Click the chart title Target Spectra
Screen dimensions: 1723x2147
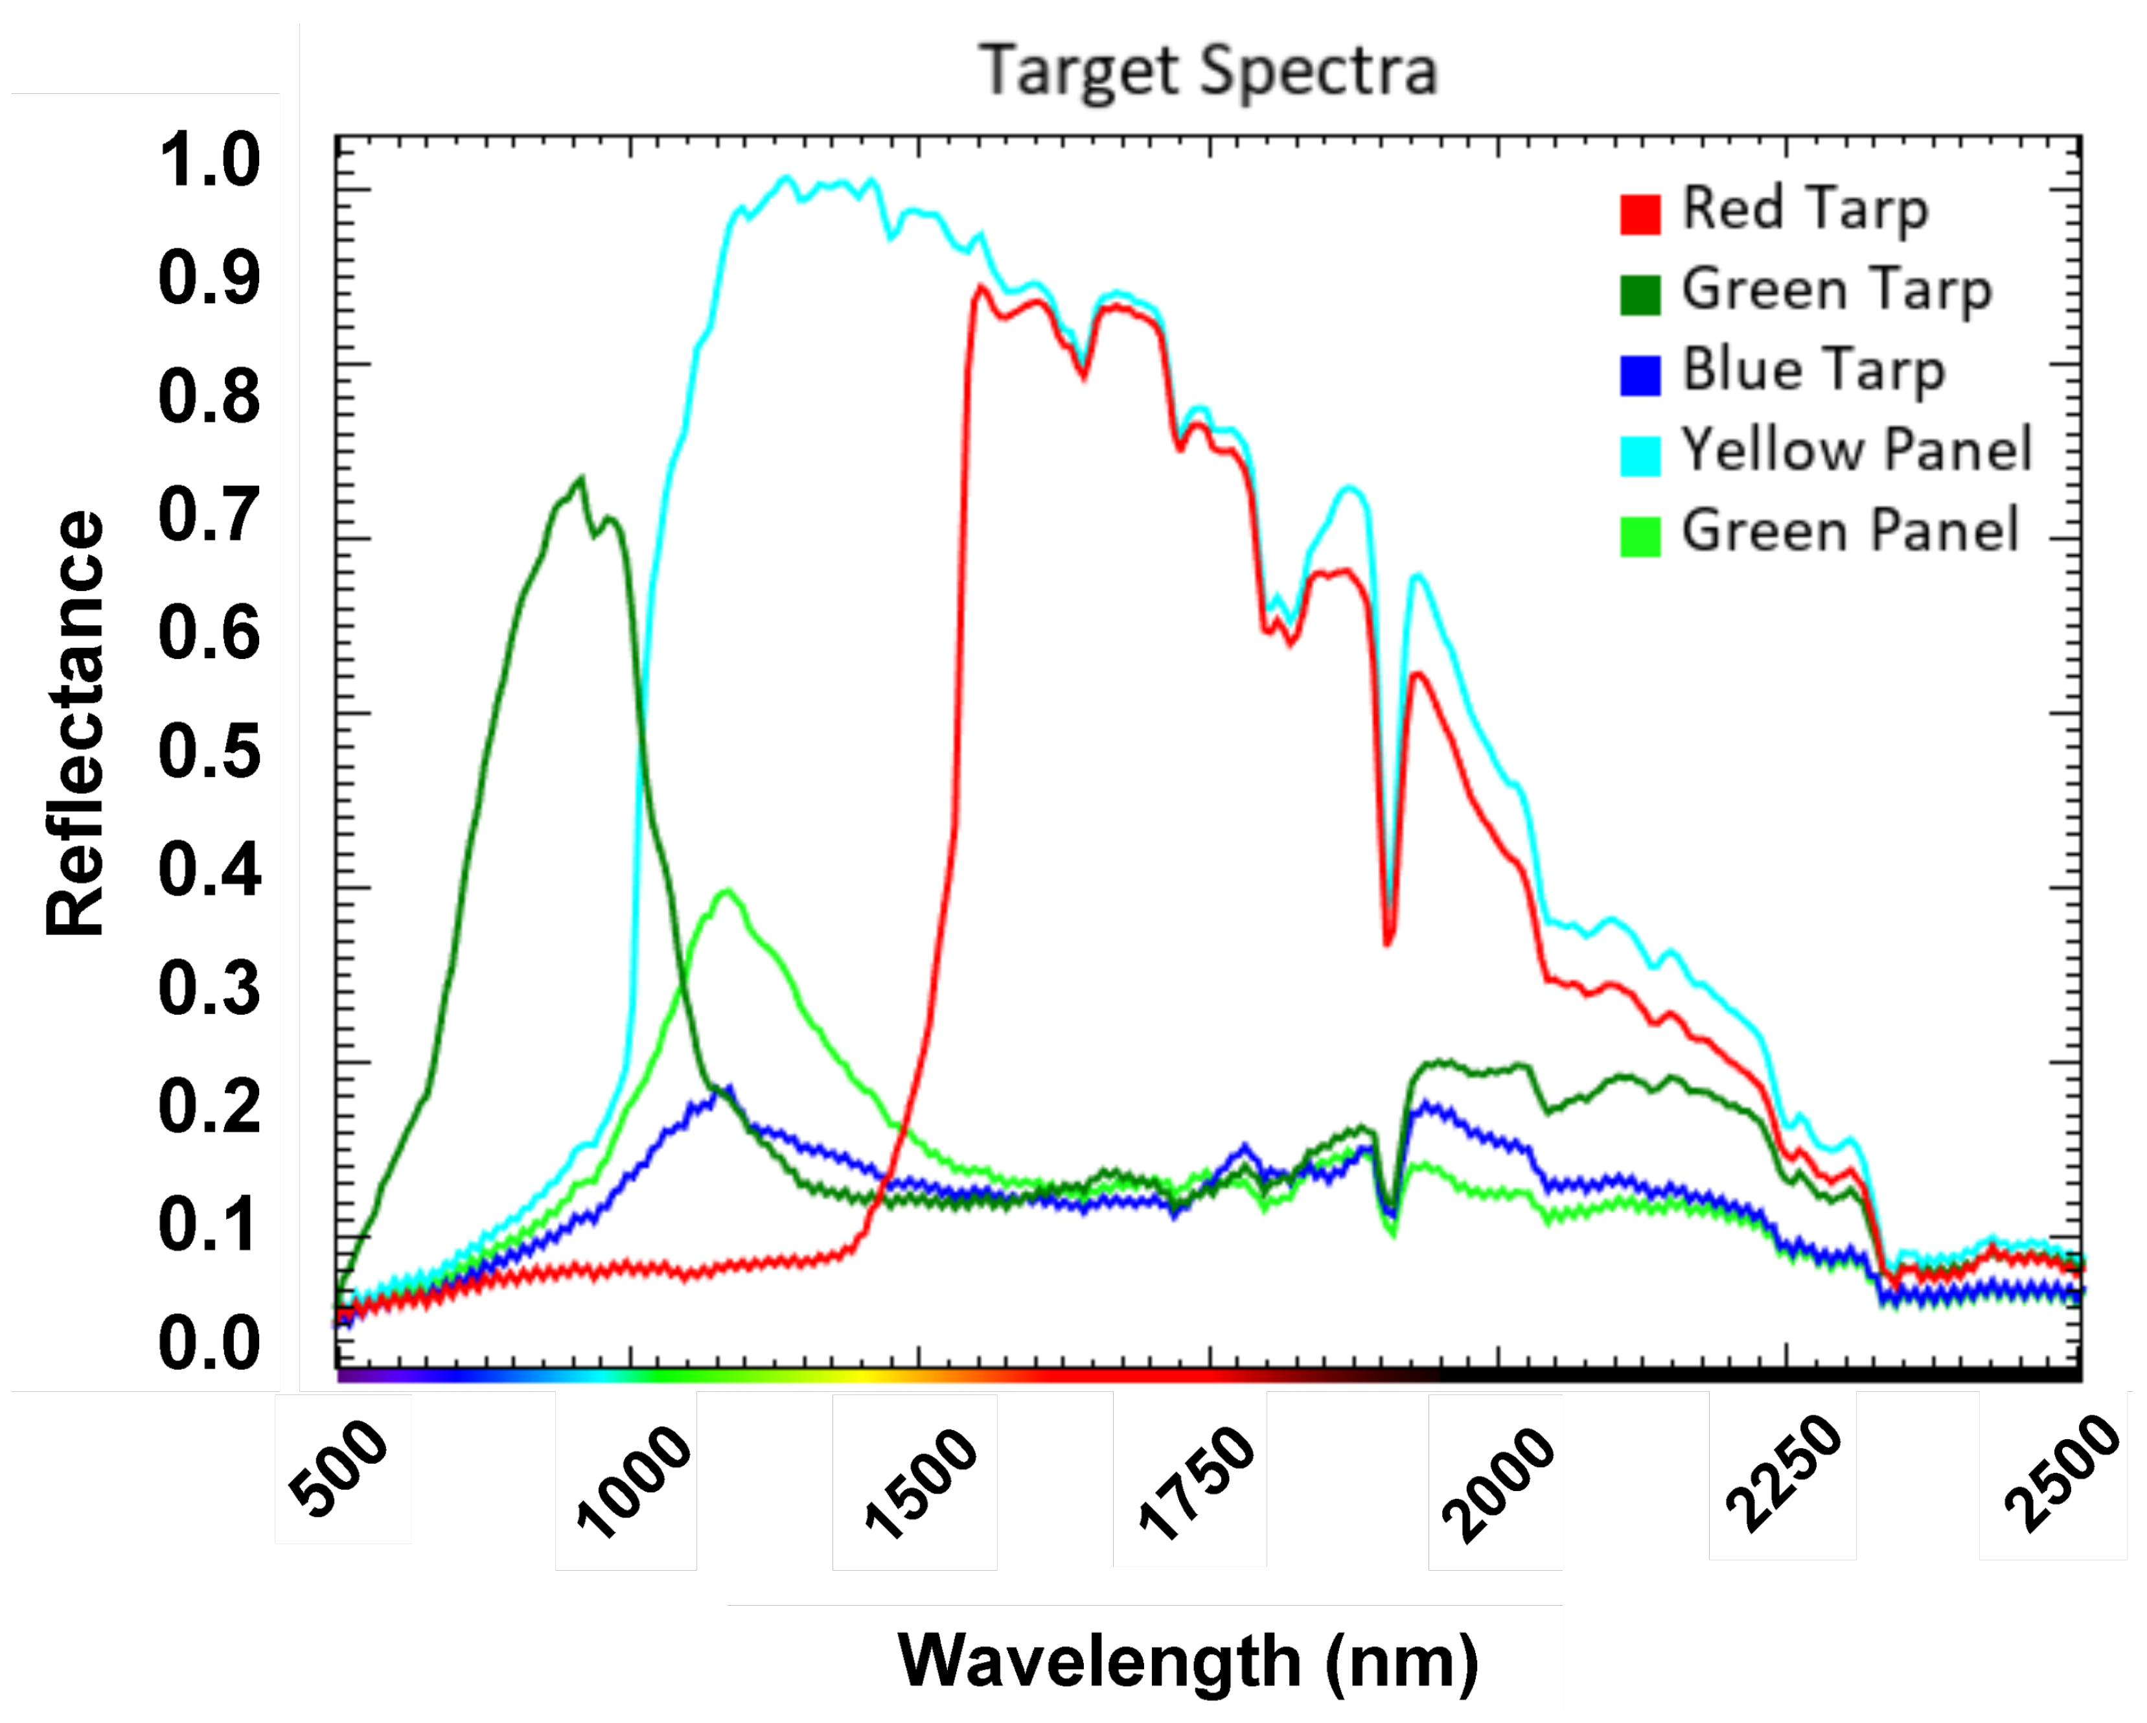pos(1209,72)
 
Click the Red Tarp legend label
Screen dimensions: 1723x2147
pos(1804,209)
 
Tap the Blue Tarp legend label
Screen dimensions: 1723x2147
pos(1813,371)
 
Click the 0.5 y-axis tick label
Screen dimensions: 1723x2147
pos(209,751)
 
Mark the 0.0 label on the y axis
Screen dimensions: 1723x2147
pos(209,1343)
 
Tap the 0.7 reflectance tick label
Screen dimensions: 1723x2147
pos(209,515)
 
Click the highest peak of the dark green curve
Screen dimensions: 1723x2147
pos(580,479)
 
